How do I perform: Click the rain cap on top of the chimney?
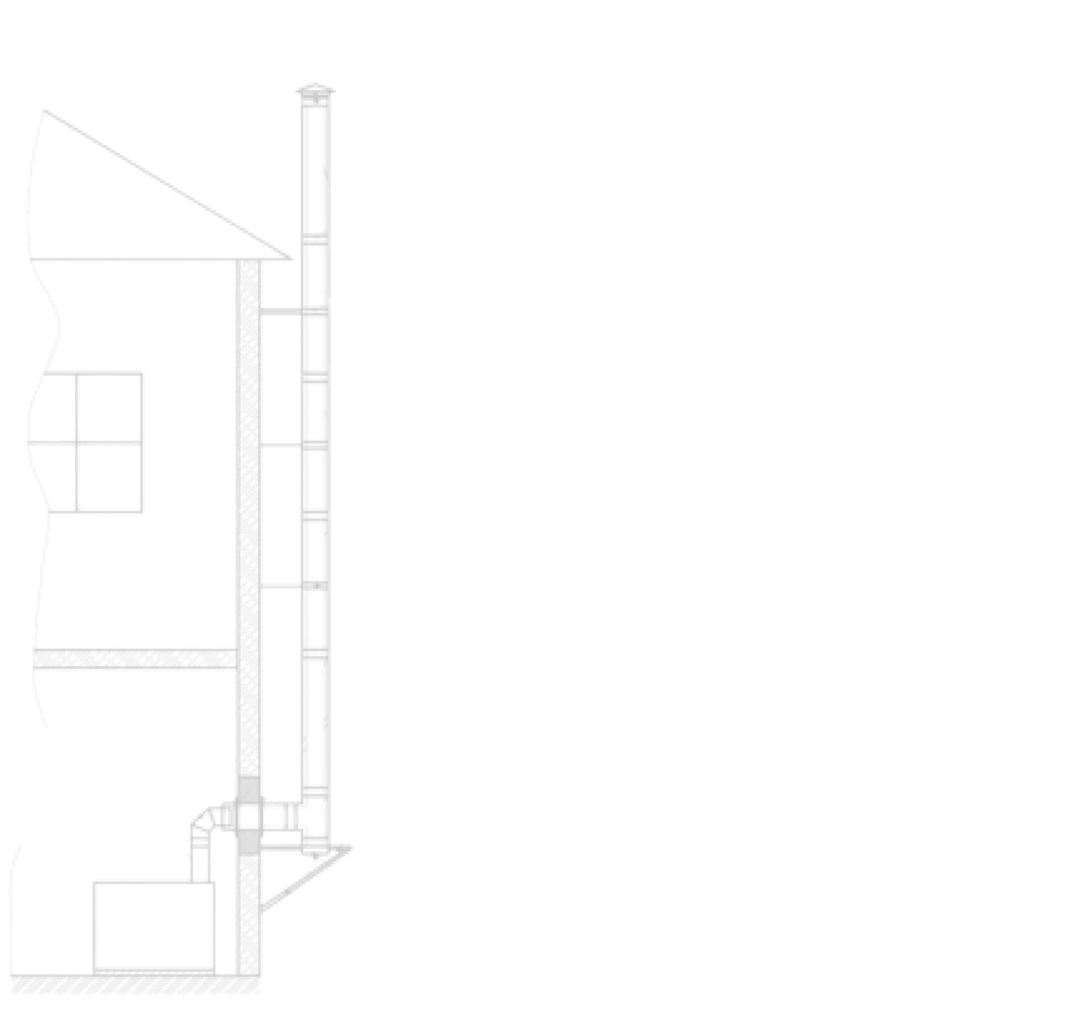315,92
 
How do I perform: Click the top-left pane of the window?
53,407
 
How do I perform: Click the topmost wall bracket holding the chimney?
280,312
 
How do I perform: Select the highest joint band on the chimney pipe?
315,240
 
